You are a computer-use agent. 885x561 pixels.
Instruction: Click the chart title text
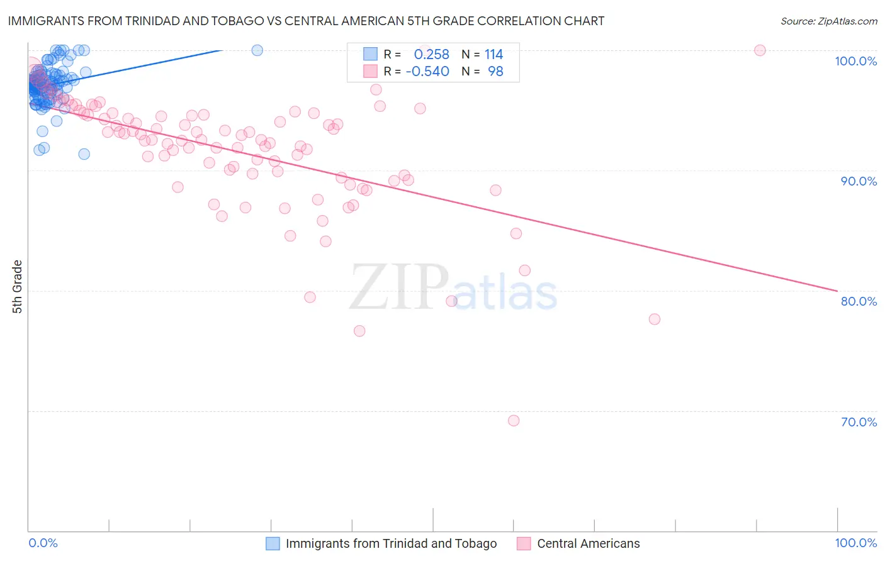click(x=306, y=21)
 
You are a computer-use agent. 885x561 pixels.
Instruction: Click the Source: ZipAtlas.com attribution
click(x=828, y=21)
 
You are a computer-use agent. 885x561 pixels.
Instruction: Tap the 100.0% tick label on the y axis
click(x=855, y=61)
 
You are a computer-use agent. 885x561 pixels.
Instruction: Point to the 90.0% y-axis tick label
click(x=859, y=181)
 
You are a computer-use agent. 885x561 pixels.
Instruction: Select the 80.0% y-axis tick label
click(x=859, y=301)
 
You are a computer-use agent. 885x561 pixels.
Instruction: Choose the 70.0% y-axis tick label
click(x=859, y=422)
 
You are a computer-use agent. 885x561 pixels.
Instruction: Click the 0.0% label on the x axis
click(x=43, y=543)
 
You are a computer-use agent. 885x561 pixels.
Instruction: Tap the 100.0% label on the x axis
click(x=855, y=543)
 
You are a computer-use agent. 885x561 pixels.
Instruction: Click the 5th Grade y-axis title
click(x=17, y=287)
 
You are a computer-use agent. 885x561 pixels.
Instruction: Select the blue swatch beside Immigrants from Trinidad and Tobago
click(x=273, y=543)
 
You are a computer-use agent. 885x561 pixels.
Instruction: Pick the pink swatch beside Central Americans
click(x=524, y=543)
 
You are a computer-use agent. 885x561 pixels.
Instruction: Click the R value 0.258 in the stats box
click(x=431, y=54)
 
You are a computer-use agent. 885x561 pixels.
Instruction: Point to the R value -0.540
click(x=427, y=72)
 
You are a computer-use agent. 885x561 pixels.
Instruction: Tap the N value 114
click(x=493, y=54)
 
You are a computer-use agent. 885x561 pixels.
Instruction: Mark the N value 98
click(x=495, y=72)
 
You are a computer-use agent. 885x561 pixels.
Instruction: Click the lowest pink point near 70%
click(x=514, y=421)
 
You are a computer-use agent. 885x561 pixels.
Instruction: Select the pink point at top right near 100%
click(x=760, y=50)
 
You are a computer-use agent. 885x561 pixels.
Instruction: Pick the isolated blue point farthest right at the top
click(x=257, y=50)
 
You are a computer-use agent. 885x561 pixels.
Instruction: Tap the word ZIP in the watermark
click(x=399, y=288)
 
